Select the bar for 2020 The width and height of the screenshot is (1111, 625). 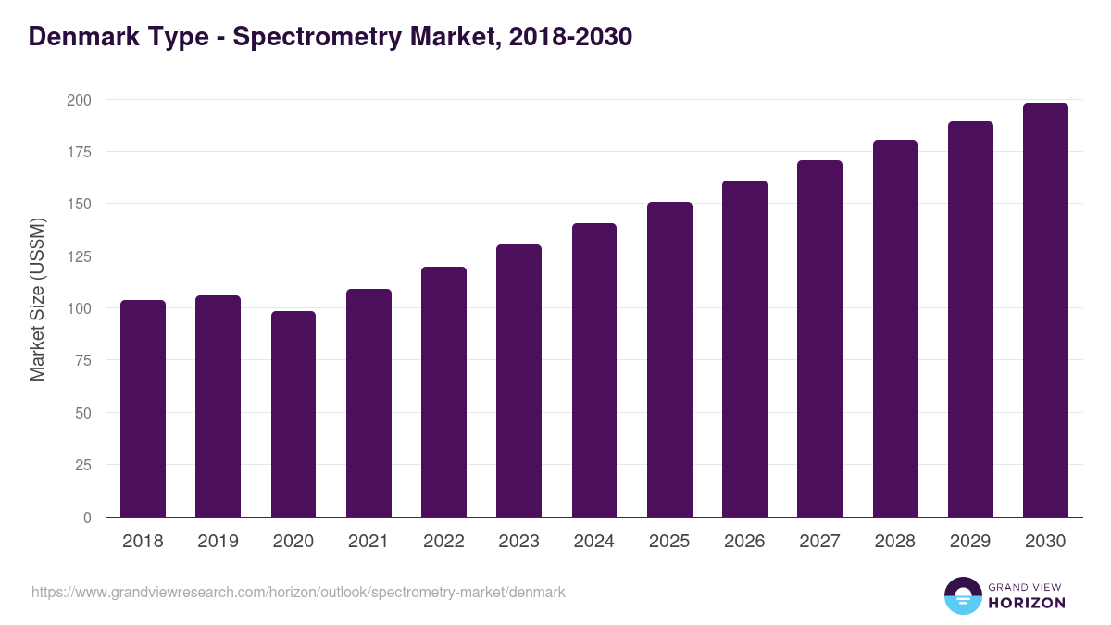click(293, 414)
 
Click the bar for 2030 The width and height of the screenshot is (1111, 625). click(1045, 310)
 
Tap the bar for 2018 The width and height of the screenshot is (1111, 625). click(144, 408)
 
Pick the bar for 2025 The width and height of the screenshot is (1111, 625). click(669, 359)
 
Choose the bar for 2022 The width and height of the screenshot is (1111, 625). click(443, 392)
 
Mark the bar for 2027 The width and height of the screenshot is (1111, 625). click(819, 339)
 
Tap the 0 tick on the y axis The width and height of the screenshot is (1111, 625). click(87, 518)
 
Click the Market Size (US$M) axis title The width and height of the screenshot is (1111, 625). click(37, 299)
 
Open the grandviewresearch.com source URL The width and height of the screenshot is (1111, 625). click(298, 592)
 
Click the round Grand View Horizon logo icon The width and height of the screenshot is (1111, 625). click(963, 595)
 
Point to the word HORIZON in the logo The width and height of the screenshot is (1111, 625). click(1027, 603)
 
